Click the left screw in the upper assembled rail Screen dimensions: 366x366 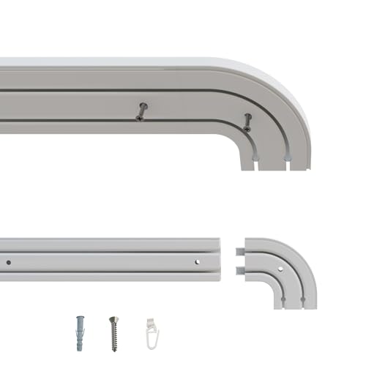(x=142, y=111)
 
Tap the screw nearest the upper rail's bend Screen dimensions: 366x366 (x=247, y=122)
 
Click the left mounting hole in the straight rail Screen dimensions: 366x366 (x=10, y=261)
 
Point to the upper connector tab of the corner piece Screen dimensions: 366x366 (x=239, y=252)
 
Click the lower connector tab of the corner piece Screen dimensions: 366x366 (x=239, y=271)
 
